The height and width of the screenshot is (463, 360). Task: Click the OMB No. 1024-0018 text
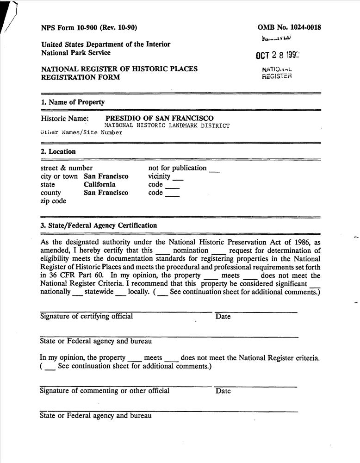[289, 27]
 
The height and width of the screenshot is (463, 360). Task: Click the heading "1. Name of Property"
[73, 102]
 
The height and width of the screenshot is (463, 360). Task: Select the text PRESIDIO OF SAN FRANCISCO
[160, 119]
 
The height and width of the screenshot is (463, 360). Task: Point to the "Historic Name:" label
[65, 119]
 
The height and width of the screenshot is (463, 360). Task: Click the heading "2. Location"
[58, 152]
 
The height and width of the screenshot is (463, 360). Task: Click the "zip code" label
[53, 201]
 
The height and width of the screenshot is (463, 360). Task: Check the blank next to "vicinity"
[178, 178]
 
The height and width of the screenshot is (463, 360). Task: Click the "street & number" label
[67, 168]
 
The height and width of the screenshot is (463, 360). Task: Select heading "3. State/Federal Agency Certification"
[99, 226]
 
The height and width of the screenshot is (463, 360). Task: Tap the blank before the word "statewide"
[78, 293]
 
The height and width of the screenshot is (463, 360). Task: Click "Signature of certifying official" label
[87, 317]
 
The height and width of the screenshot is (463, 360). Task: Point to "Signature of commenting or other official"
[105, 391]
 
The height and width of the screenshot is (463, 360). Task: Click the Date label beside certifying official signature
[223, 317]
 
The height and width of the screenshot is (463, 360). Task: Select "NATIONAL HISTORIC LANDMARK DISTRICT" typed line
[167, 126]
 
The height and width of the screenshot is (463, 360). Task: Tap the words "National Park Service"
[76, 53]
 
